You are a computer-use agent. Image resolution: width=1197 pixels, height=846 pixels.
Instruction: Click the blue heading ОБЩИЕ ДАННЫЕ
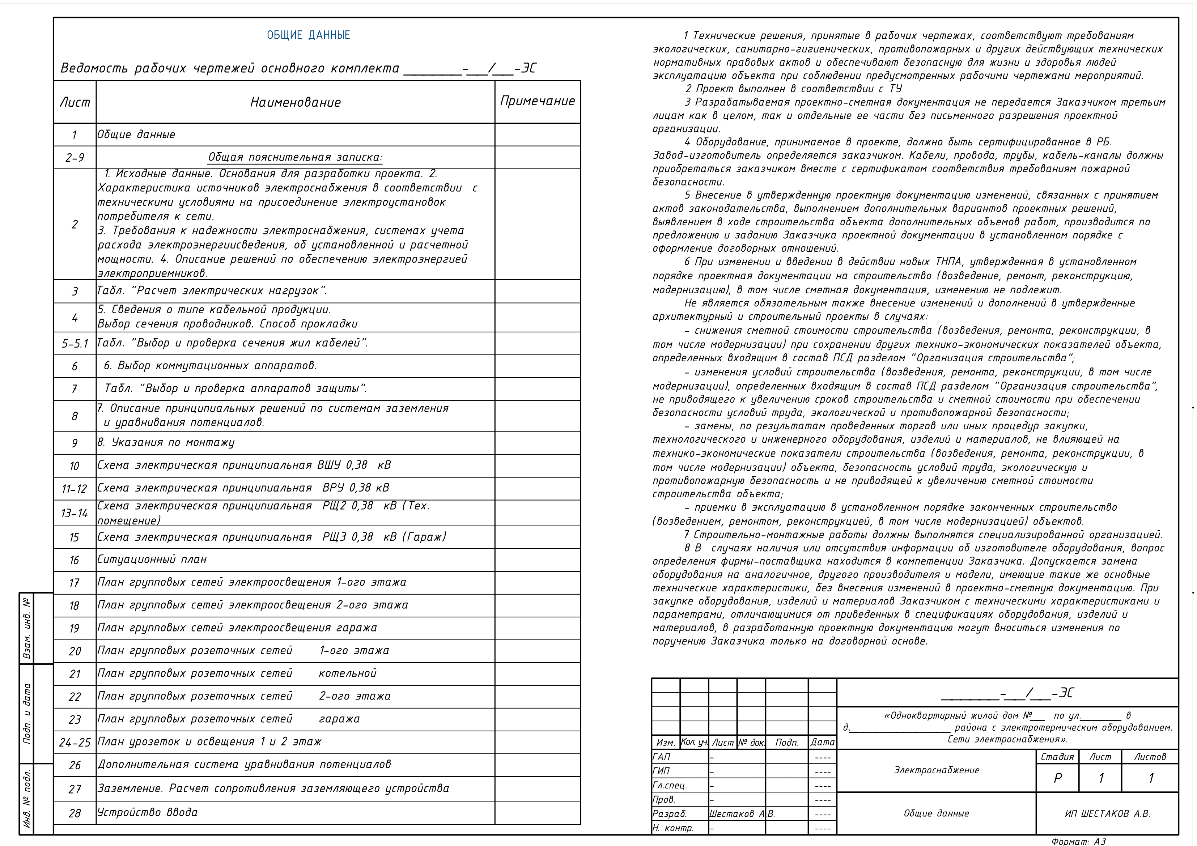[x=308, y=35]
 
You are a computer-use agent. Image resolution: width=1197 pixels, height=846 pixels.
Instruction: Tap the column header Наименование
[x=295, y=102]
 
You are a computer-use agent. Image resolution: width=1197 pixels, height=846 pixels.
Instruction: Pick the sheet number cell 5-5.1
[x=75, y=344]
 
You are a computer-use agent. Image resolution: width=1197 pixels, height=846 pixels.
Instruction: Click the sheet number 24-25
[x=75, y=742]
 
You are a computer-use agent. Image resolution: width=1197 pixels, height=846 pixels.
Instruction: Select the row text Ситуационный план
[x=152, y=559]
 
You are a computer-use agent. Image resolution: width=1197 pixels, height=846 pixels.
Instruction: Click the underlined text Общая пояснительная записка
[x=295, y=157]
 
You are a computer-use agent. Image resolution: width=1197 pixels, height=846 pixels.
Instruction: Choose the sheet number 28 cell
[x=75, y=813]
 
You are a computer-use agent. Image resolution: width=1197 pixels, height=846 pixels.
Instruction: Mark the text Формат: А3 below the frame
[x=1078, y=841]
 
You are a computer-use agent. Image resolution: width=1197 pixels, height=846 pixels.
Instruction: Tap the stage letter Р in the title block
[x=1057, y=778]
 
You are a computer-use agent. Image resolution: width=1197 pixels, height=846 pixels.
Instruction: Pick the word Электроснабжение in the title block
[x=936, y=770]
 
